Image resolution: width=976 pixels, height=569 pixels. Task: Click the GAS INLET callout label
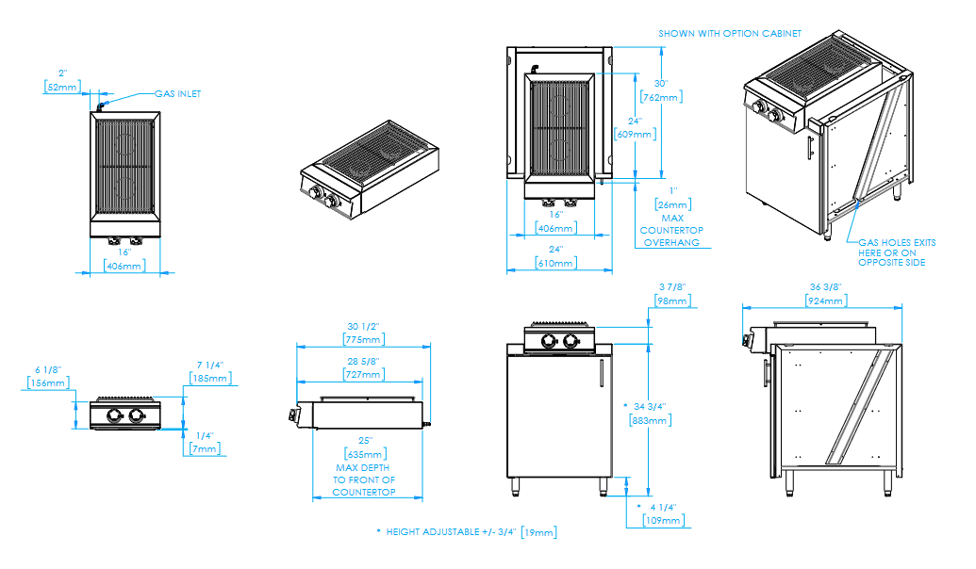click(x=177, y=94)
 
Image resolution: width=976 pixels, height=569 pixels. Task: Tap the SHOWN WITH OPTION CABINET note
click(x=730, y=33)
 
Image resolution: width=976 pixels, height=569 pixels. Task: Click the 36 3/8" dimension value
click(x=824, y=287)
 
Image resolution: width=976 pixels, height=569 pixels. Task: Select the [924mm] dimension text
click(x=824, y=301)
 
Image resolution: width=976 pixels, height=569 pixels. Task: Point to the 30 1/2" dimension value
click(x=363, y=326)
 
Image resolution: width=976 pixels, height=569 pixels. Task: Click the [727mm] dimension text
click(x=363, y=374)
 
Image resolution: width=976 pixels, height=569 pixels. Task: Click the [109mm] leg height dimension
click(x=663, y=520)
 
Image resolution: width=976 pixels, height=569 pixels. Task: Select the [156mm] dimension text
click(x=50, y=382)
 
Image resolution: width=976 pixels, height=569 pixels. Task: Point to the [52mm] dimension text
click(x=63, y=87)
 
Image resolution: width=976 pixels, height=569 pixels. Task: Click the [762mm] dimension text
click(x=661, y=97)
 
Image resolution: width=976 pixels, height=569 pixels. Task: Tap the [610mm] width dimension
click(x=555, y=263)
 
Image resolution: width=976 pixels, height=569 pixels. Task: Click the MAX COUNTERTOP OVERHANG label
click(x=671, y=230)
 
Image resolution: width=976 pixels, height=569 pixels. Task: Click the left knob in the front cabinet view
click(x=544, y=341)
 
